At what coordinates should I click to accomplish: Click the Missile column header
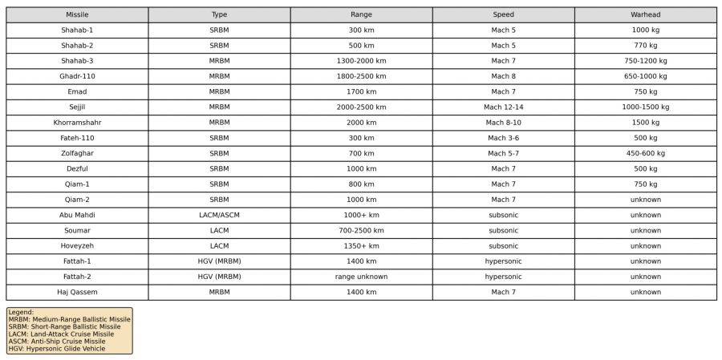(x=77, y=14)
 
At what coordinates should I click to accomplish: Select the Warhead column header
(x=645, y=14)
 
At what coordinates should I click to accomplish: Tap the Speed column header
(x=503, y=14)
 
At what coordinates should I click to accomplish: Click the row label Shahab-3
(x=77, y=61)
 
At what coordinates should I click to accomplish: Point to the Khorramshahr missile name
(x=77, y=123)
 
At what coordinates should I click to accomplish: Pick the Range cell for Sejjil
(x=361, y=107)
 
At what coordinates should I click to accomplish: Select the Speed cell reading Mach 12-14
(x=503, y=107)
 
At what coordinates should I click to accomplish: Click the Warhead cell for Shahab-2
(x=645, y=46)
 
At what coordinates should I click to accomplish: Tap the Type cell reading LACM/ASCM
(x=219, y=215)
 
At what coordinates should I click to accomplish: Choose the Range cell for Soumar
(x=361, y=230)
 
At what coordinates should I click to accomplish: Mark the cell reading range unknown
(x=361, y=277)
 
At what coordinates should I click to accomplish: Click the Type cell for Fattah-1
(x=219, y=261)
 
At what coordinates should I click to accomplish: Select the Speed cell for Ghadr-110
(x=503, y=76)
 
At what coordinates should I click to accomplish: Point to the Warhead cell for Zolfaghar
(x=645, y=153)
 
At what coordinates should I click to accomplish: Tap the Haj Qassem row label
(x=77, y=292)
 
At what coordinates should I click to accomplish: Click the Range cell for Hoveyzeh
(x=361, y=246)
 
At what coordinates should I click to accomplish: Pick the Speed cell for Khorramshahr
(x=503, y=123)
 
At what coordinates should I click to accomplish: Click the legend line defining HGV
(x=56, y=349)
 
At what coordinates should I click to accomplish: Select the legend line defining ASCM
(x=56, y=342)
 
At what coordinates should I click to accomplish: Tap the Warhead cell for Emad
(x=645, y=91)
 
